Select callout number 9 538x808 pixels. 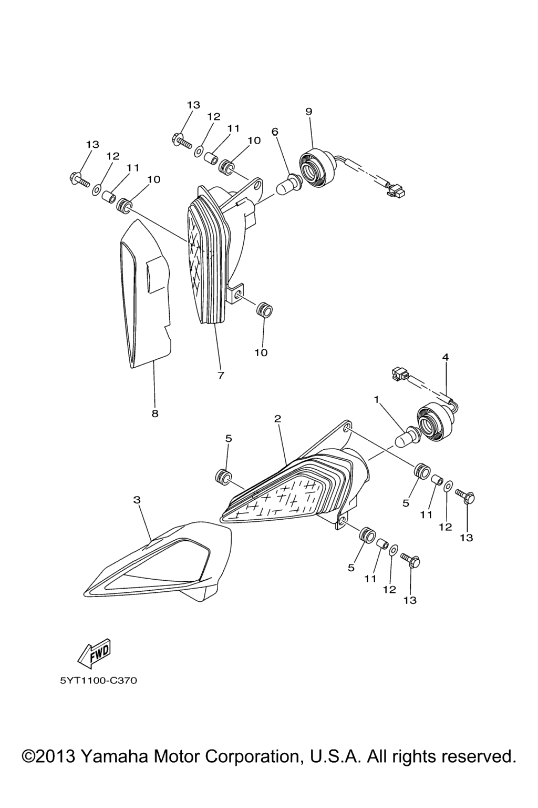pyautogui.click(x=309, y=112)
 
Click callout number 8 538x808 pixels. pyautogui.click(x=155, y=413)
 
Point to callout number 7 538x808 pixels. pyautogui.click(x=221, y=375)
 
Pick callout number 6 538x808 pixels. pyautogui.click(x=275, y=132)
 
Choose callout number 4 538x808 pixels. pyautogui.click(x=446, y=357)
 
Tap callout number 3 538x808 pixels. pyautogui.click(x=137, y=500)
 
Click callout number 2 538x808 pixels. pyautogui.click(x=277, y=419)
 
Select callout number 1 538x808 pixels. pyautogui.click(x=377, y=399)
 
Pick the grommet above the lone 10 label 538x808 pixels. pyautogui.click(x=264, y=310)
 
